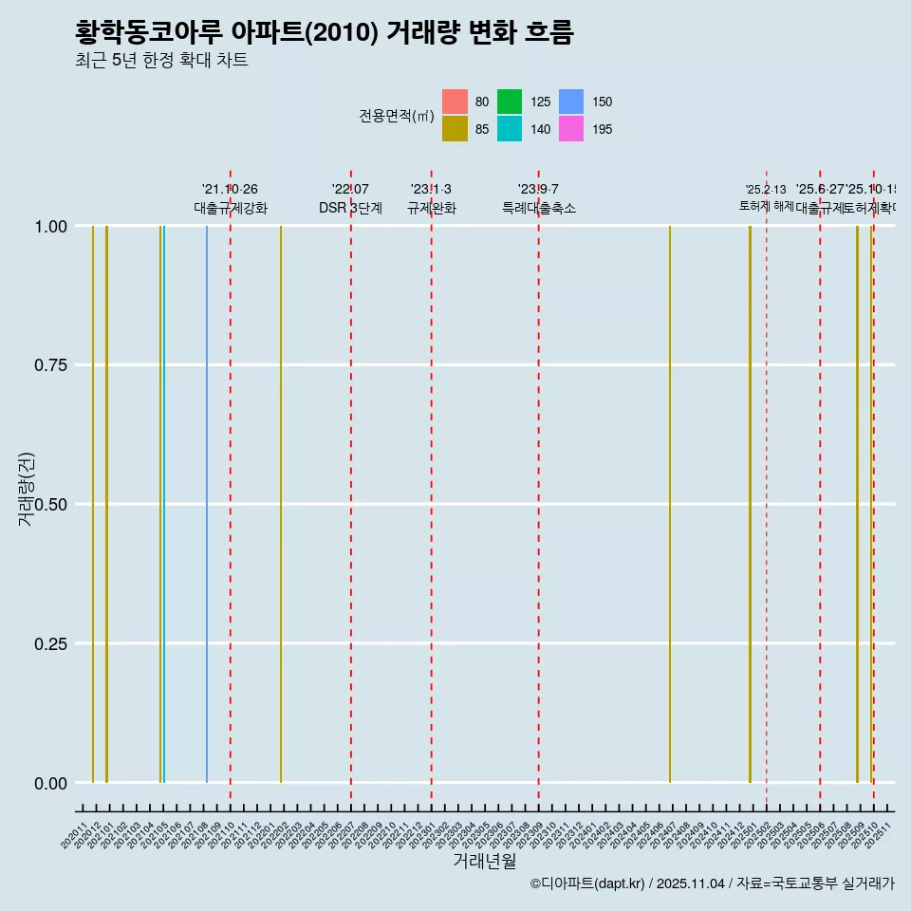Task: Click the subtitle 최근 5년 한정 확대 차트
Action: coord(161,62)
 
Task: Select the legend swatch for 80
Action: coord(455,102)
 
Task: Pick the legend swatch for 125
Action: coord(510,102)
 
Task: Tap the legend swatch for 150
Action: coord(570,102)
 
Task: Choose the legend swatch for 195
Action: coord(570,129)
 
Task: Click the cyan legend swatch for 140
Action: coord(510,129)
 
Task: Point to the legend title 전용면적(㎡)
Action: coord(396,116)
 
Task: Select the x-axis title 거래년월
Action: coord(484,861)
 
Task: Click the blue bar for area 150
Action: coord(207,503)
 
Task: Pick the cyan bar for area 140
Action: coord(164,503)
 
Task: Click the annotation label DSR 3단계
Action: coord(350,208)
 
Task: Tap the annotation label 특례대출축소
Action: coord(538,208)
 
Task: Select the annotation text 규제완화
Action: coord(431,208)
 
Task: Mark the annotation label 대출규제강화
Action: coord(231,208)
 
